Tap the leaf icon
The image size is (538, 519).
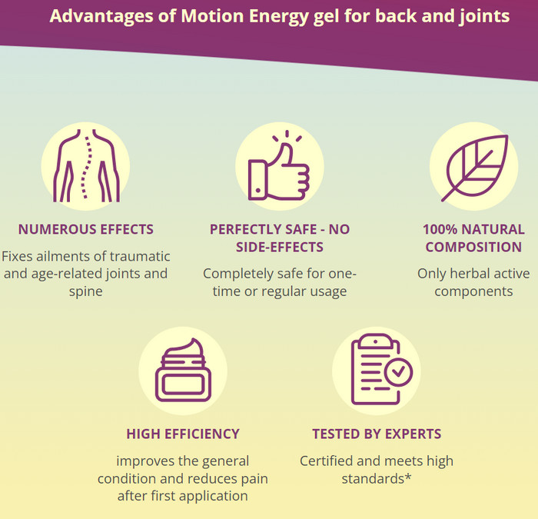click(x=474, y=168)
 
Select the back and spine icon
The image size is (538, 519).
click(x=86, y=165)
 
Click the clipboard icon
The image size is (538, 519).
click(x=381, y=369)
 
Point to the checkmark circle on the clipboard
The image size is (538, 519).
click(x=398, y=371)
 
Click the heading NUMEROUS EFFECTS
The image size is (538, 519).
click(x=86, y=229)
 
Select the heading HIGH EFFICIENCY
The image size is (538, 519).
click(x=183, y=434)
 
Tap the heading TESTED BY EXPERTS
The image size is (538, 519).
click(x=377, y=434)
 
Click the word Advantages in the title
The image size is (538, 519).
click(x=101, y=17)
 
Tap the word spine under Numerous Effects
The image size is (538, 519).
click(x=86, y=291)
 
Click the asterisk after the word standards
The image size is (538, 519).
click(x=408, y=476)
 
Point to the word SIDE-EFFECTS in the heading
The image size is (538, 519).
click(x=280, y=247)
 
